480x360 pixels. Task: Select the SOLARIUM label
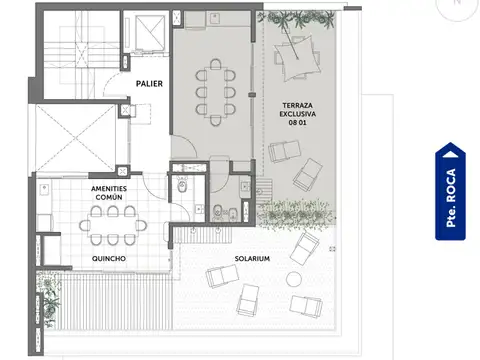coord(251,259)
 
